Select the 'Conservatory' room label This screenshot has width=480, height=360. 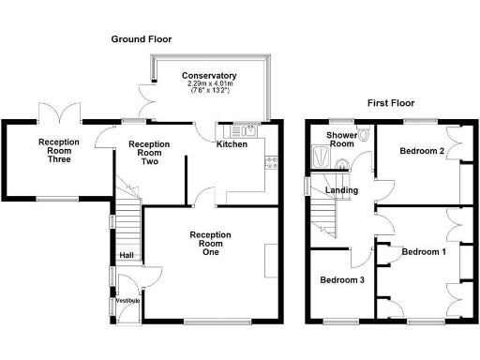[x=209, y=76]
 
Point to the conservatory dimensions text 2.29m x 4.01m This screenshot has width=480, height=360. [x=209, y=84]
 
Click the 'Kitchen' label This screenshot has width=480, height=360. [x=232, y=144]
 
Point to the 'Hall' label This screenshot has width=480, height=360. [x=125, y=254]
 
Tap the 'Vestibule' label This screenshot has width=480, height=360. [x=127, y=300]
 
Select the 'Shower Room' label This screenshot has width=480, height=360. [x=339, y=139]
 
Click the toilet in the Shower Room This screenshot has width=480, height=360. [x=363, y=136]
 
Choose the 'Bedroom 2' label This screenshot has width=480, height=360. [x=421, y=151]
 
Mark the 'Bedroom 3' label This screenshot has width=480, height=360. [x=340, y=280]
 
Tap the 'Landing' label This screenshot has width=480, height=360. [x=339, y=191]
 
